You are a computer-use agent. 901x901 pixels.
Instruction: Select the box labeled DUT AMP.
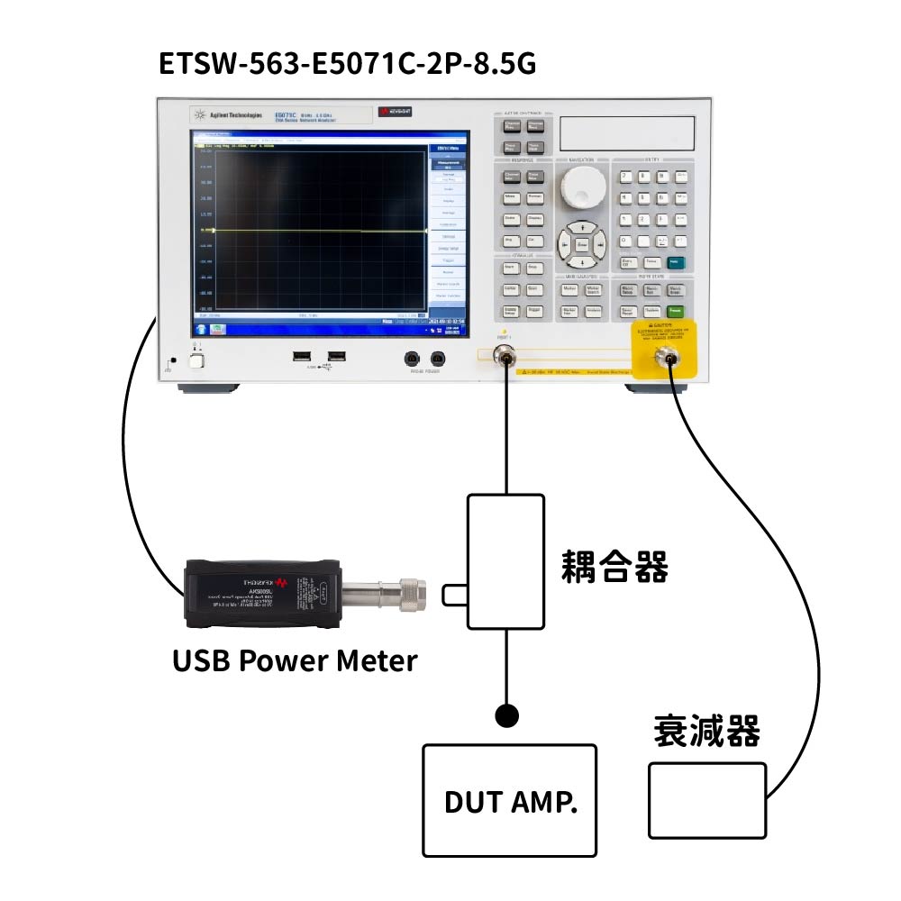point(510,800)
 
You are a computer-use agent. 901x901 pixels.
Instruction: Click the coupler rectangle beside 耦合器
point(505,560)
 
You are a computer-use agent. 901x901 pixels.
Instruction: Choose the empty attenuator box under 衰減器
point(707,800)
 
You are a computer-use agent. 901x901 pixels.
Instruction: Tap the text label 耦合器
point(614,569)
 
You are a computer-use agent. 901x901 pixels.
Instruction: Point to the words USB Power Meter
point(295,660)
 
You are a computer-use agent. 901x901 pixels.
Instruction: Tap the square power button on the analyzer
point(196,361)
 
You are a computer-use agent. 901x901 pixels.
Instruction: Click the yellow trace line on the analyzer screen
point(306,232)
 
